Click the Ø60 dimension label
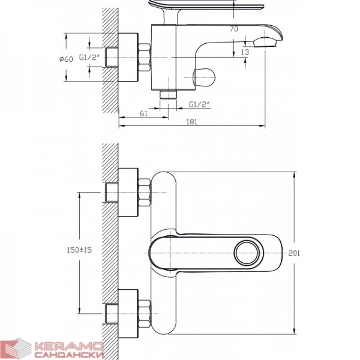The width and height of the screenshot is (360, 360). [x=66, y=59]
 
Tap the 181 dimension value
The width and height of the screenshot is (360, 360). [x=192, y=122]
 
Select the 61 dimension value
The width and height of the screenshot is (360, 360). [x=143, y=113]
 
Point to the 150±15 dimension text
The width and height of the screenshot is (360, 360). [x=79, y=250]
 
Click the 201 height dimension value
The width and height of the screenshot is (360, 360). [x=294, y=253]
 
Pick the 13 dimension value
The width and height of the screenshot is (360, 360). [x=245, y=52]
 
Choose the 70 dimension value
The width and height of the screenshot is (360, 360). [x=234, y=29]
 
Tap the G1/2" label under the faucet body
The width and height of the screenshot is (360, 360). [x=200, y=104]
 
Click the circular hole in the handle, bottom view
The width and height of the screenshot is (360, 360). [x=247, y=253]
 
